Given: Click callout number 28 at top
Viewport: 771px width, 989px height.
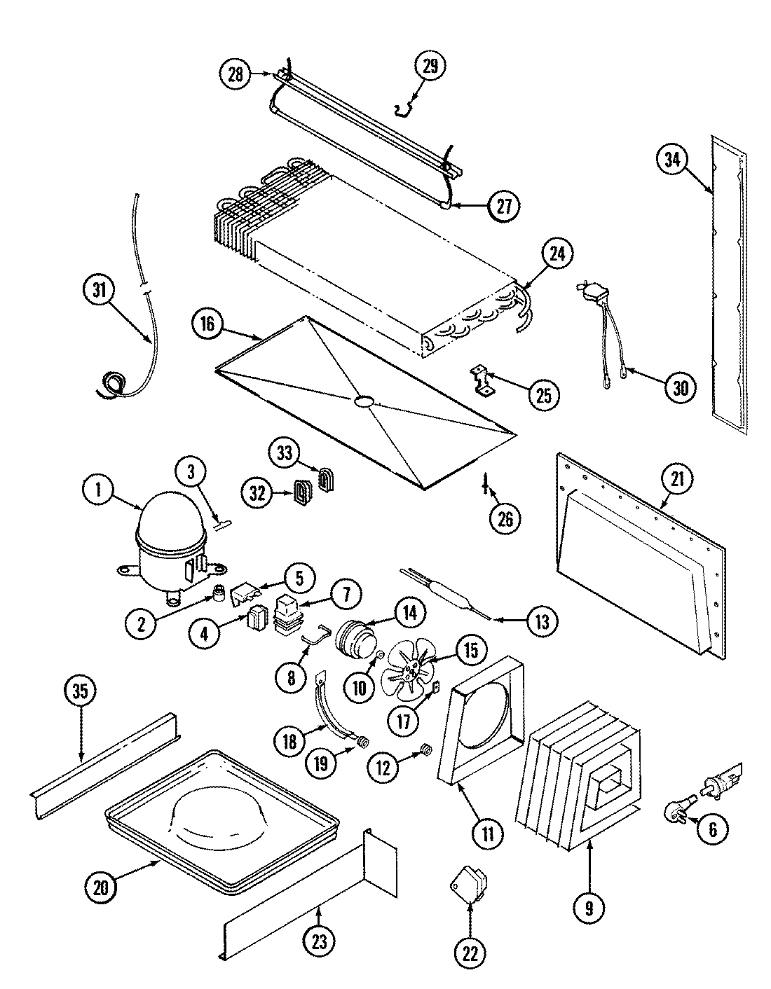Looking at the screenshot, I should pyautogui.click(x=235, y=74).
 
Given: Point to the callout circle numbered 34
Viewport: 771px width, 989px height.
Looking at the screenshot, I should pyautogui.click(x=671, y=160).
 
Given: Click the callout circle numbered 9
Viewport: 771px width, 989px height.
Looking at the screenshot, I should pyautogui.click(x=589, y=908).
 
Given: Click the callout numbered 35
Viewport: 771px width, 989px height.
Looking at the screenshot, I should pyautogui.click(x=81, y=691).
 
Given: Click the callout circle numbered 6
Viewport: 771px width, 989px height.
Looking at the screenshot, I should pyautogui.click(x=713, y=830).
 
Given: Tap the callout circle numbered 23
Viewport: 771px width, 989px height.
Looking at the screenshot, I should pyautogui.click(x=320, y=943).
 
